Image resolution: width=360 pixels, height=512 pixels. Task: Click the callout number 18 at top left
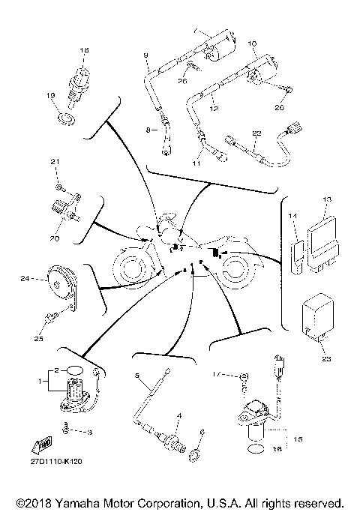tap(84, 50)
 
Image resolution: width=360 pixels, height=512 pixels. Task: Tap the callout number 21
tap(54, 162)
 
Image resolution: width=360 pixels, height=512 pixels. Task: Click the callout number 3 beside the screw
tap(89, 433)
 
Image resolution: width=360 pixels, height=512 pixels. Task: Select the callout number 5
tap(138, 373)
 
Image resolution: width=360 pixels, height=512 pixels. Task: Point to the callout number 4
tap(178, 415)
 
